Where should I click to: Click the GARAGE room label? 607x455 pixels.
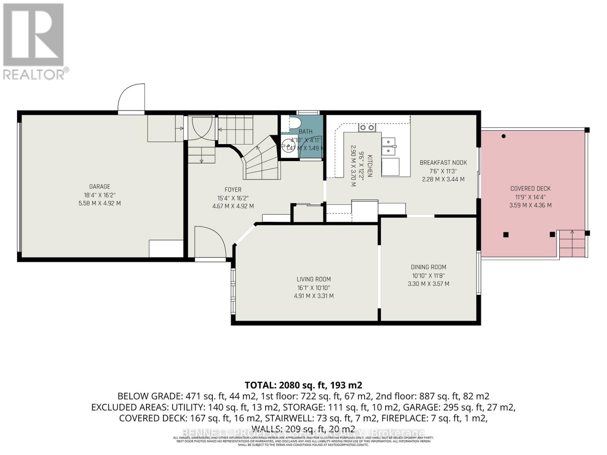point(99,187)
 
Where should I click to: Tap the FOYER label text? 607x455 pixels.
point(233,190)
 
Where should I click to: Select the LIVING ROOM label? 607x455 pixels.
point(313,279)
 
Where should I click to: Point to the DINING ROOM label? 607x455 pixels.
point(428,267)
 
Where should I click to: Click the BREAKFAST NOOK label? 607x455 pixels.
point(443,163)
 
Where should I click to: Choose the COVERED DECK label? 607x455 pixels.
point(530,188)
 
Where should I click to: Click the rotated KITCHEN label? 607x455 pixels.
point(370,165)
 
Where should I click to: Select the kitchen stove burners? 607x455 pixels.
point(367,128)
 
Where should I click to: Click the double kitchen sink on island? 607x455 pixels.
point(388,146)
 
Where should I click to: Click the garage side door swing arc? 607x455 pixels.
point(131,98)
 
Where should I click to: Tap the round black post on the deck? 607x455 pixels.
point(503,136)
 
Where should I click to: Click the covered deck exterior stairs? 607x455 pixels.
point(572,244)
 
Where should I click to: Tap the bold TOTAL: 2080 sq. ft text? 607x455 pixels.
point(303,385)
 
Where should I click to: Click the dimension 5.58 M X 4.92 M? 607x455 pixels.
point(99,203)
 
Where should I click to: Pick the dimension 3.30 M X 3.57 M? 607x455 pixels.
point(428,284)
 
